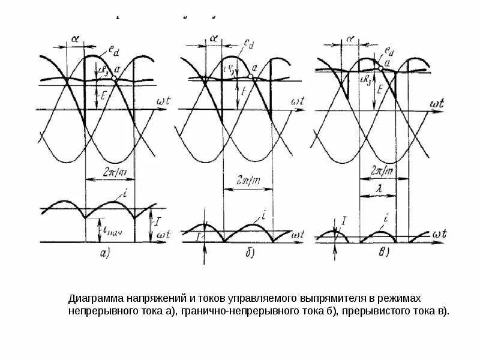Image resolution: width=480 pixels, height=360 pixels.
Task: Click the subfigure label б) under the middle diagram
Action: pyautogui.click(x=250, y=253)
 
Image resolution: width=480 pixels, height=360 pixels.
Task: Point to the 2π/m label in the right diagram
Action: pyautogui.click(x=380, y=170)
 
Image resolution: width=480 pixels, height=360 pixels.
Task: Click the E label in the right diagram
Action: pyautogui.click(x=381, y=89)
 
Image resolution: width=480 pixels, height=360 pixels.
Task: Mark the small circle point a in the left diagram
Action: pyautogui.click(x=113, y=79)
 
